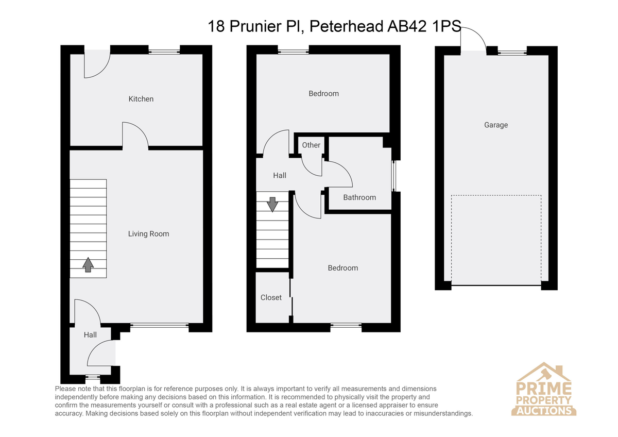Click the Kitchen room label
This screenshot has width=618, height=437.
[x=141, y=99]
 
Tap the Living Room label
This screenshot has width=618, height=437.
[x=148, y=234]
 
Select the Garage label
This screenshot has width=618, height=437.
[x=496, y=125]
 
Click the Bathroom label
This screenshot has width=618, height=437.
[x=359, y=197]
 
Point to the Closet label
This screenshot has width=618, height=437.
[x=271, y=297]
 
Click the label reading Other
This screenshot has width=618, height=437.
[x=311, y=145]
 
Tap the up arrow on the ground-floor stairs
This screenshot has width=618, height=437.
[x=88, y=265]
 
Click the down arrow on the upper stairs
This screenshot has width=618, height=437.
[x=272, y=205]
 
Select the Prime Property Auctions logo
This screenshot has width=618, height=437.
[x=543, y=389]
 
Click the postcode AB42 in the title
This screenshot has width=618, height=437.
[x=407, y=26]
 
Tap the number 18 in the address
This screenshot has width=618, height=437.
[x=216, y=26]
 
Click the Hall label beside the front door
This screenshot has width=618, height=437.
[x=90, y=335]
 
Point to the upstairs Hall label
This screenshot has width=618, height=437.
[x=280, y=175]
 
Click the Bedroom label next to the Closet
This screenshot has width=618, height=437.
[x=342, y=268]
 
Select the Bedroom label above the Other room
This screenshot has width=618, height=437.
[x=323, y=94]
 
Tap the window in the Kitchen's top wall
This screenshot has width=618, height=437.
[x=164, y=52]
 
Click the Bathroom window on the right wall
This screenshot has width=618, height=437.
[x=394, y=176]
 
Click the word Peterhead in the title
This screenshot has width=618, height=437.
[x=346, y=26]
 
